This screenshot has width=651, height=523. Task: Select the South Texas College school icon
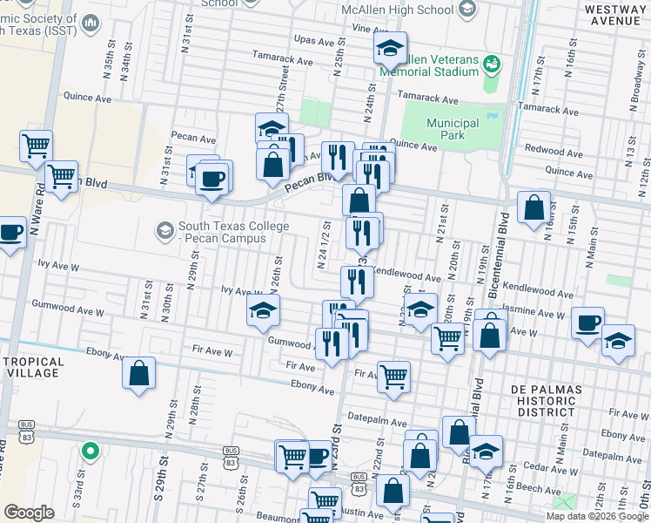[x=164, y=230]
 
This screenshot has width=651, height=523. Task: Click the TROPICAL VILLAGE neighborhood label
[x=32, y=367]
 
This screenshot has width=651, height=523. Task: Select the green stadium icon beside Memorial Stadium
[x=492, y=65]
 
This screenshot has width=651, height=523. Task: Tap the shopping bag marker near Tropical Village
[x=138, y=374]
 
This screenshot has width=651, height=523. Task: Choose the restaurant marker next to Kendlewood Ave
[x=356, y=280]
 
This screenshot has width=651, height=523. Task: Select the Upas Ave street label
[x=315, y=40]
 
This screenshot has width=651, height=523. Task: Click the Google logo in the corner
[x=29, y=513]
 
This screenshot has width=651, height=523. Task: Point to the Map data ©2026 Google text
[x=596, y=516]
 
